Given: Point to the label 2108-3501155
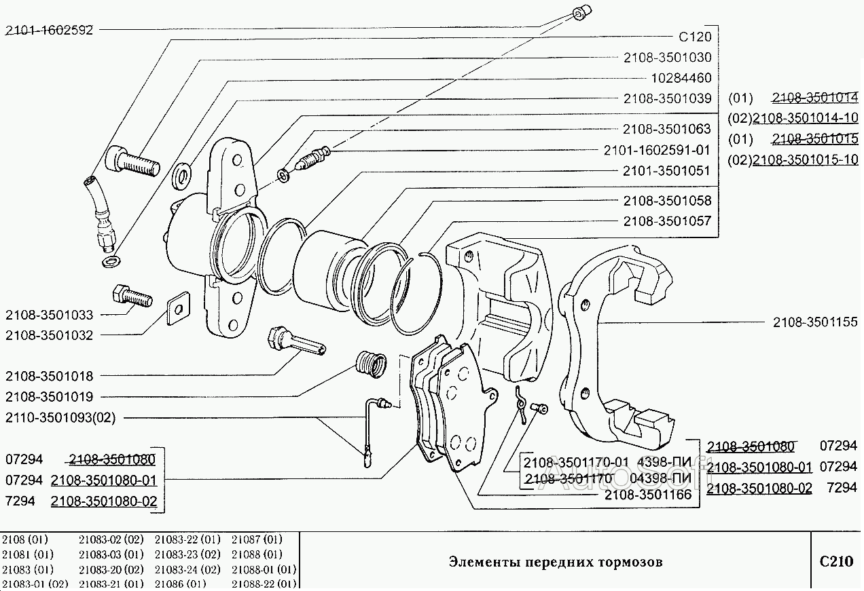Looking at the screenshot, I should pos(815,322).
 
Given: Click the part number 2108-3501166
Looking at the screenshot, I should pos(649,495).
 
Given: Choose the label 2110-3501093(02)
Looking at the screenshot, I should pos(60,417).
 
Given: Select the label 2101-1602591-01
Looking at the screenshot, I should pos(657,150).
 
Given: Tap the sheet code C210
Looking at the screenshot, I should pos(835,561).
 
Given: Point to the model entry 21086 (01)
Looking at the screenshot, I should pos(180,584).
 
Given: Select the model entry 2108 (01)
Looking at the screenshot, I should pos(26,540).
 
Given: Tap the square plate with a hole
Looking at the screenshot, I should pos(177,309).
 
